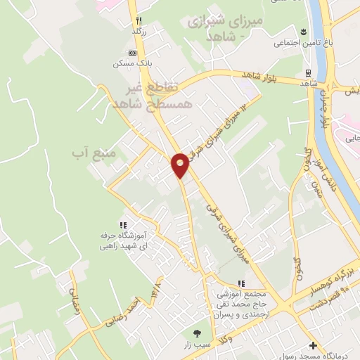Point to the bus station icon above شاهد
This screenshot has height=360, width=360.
(307, 72)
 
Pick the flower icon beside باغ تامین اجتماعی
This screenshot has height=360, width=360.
(303, 31)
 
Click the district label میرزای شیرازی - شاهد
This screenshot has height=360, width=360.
(229, 29)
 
